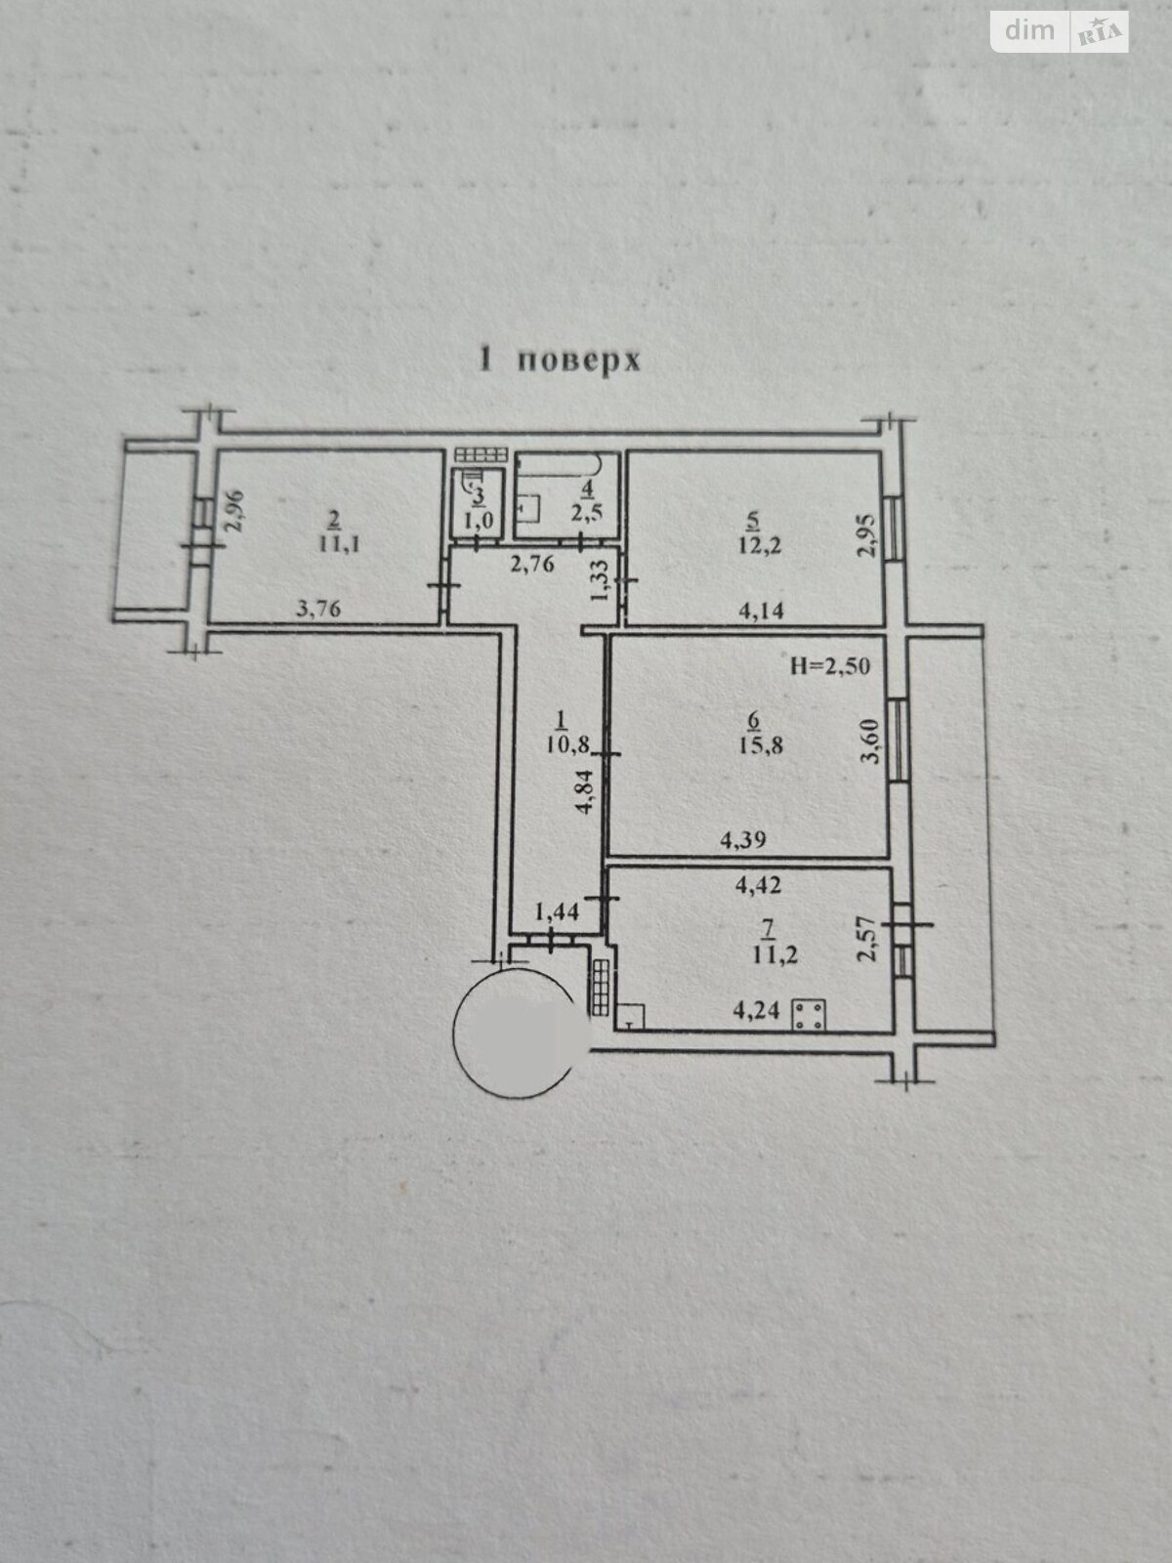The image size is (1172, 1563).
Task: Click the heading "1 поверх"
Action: tap(560, 360)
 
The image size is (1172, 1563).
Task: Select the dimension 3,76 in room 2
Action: tap(318, 609)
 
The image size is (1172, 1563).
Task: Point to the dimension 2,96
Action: tap(234, 511)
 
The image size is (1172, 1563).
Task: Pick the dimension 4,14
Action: tap(762, 611)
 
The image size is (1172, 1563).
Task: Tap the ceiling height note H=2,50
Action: tap(830, 666)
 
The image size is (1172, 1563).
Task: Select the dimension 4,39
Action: tap(743, 840)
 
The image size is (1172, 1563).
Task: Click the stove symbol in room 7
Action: tap(810, 1015)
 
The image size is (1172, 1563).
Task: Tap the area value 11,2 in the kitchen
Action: tap(774, 954)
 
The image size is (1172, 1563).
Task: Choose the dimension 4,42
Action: tap(759, 885)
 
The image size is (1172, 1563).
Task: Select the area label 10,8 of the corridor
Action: tap(567, 746)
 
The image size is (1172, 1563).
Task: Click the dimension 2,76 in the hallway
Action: tap(532, 565)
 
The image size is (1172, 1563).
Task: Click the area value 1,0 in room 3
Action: tap(479, 520)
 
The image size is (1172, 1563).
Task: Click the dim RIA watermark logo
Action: tap(1060, 32)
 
